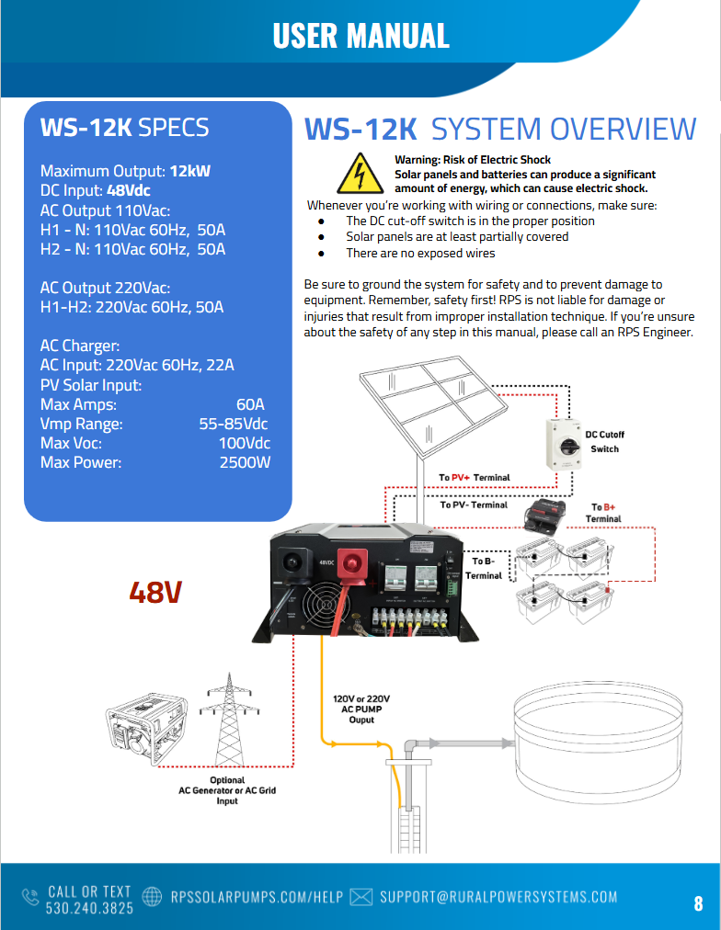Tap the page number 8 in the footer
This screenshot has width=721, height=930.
click(x=698, y=902)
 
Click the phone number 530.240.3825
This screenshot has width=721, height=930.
click(x=89, y=907)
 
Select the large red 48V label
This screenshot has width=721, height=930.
click(x=154, y=593)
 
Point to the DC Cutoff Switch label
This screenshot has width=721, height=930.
click(x=604, y=441)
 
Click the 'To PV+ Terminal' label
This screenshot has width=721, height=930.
click(x=474, y=478)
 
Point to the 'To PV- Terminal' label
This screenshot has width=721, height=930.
click(x=474, y=505)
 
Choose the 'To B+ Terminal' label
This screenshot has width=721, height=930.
click(x=603, y=513)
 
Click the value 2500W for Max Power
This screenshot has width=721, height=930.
click(x=245, y=462)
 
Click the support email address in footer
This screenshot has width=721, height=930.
click(x=498, y=897)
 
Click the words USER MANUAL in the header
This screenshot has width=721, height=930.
click(x=360, y=35)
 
